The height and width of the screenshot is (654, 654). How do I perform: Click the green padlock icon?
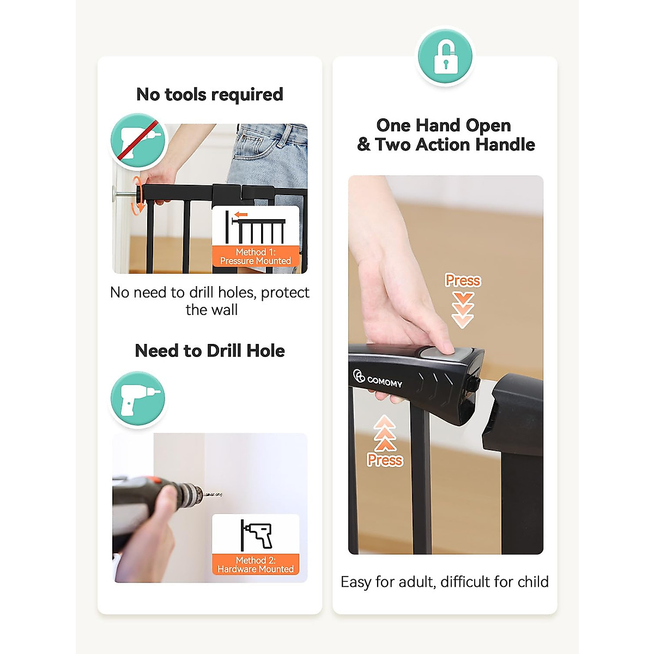click(x=445, y=57)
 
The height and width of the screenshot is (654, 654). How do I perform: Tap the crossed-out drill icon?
click(x=138, y=141)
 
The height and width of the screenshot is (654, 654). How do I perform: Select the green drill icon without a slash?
click(x=138, y=399)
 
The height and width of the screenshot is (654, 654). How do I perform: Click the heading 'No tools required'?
click(x=210, y=94)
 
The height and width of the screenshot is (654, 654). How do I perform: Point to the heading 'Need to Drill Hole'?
click(x=210, y=350)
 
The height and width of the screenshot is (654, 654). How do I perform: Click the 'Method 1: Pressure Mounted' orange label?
click(x=256, y=256)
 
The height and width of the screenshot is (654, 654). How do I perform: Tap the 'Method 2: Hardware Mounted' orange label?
click(x=256, y=565)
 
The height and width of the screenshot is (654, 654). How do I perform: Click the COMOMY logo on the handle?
click(x=378, y=379)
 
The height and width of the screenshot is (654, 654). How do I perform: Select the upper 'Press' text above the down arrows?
click(x=463, y=280)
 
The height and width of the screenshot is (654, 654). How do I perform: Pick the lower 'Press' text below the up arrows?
click(x=385, y=460)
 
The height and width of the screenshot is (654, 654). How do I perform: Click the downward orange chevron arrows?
click(x=463, y=309)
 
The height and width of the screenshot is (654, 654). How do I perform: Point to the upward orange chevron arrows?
click(x=385, y=433)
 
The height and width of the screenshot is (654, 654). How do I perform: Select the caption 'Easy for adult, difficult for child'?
click(x=445, y=582)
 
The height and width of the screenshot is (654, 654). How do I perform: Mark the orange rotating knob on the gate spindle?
click(x=140, y=193)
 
